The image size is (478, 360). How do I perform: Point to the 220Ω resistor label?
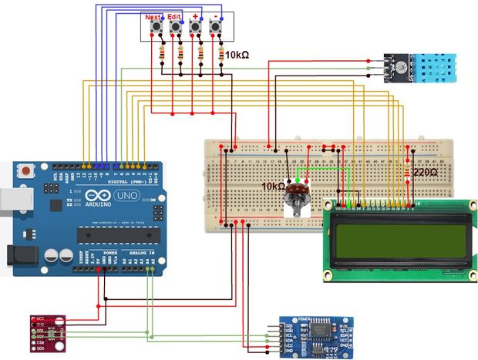pos(426,173)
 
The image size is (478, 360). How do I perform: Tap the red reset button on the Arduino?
pos(28,171)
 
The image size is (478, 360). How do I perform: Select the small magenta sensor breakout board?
pos(48,331)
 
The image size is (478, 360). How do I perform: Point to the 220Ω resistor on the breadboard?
pos(407,171)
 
